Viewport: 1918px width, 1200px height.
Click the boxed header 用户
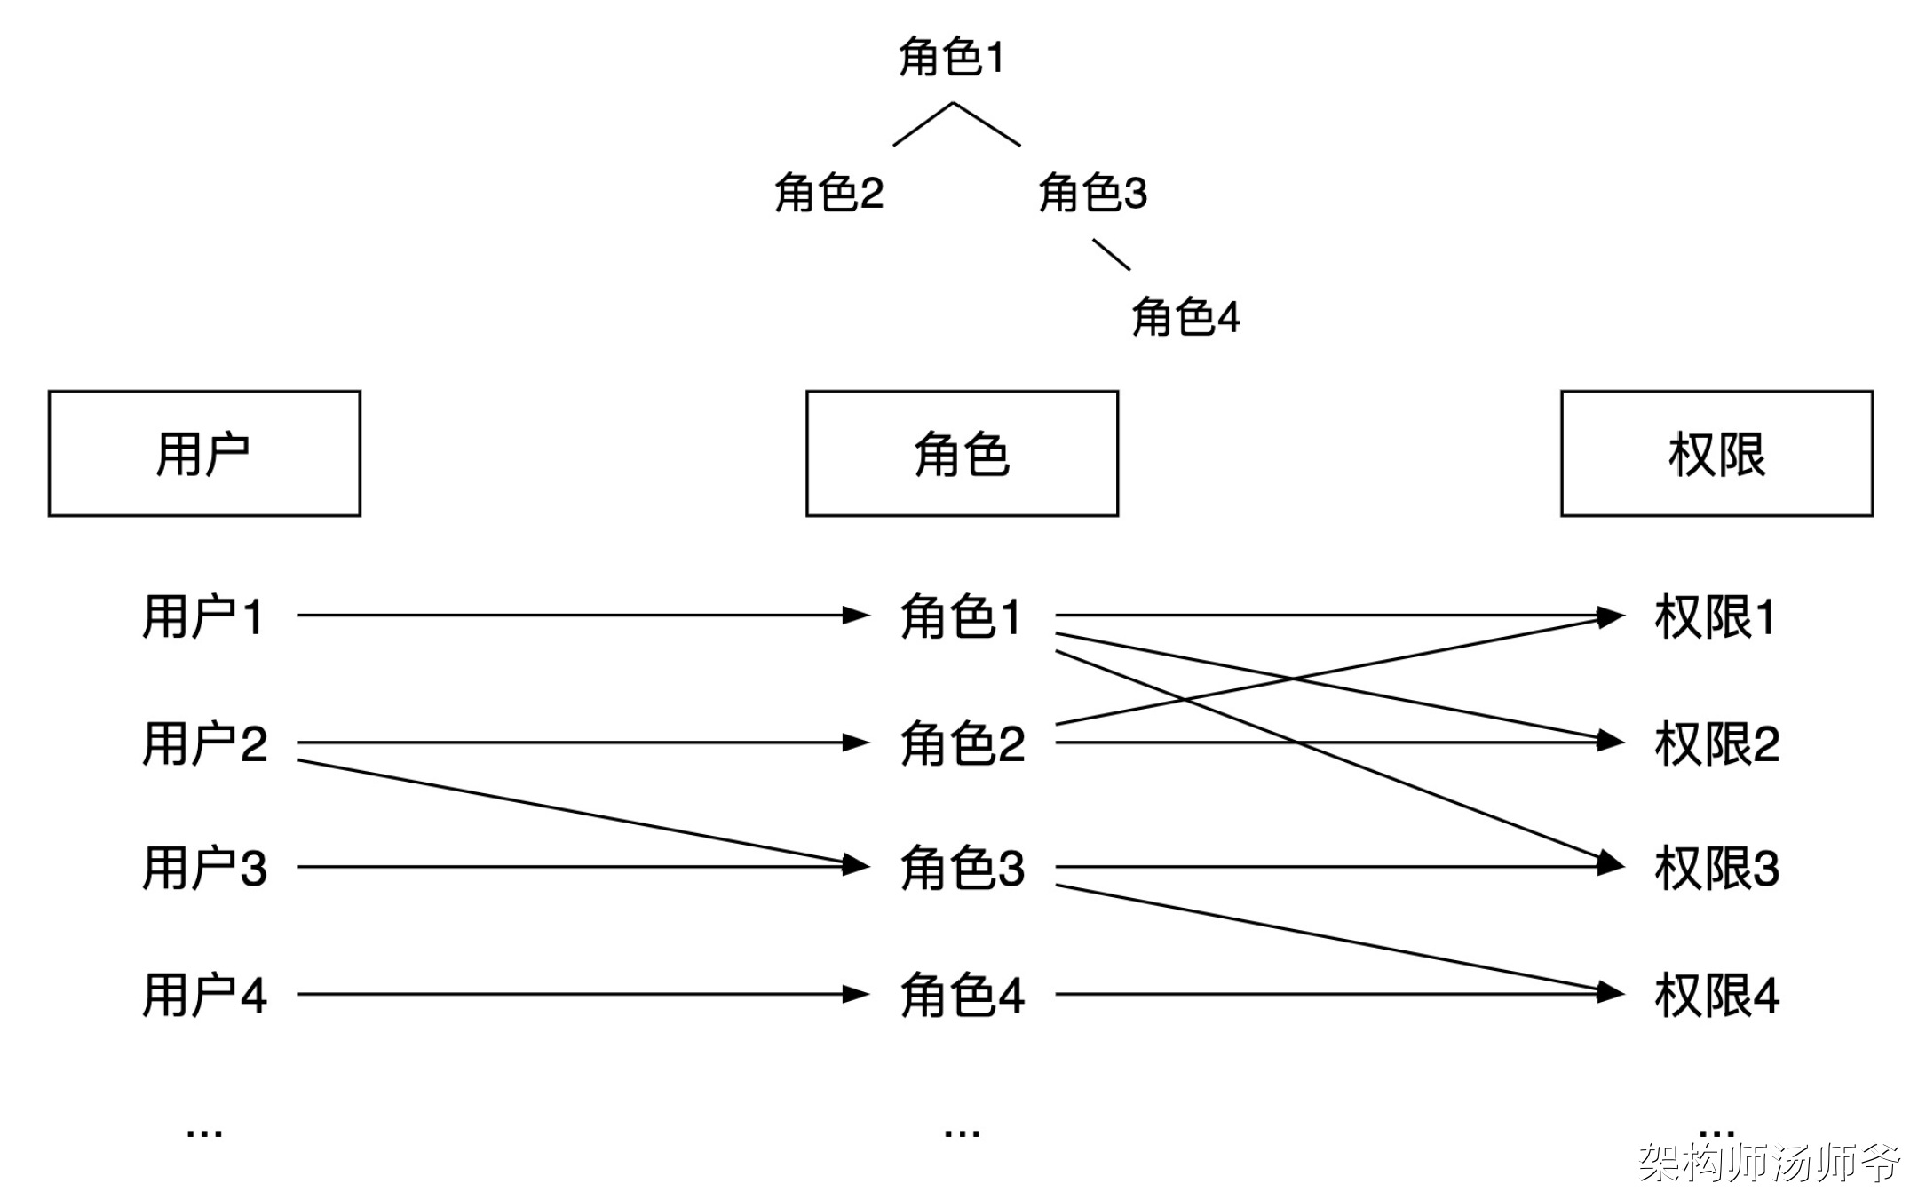(x=204, y=454)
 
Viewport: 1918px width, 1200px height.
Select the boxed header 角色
(x=962, y=454)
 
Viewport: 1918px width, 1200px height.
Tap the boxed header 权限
(x=1716, y=454)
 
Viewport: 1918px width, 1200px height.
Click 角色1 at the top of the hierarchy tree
(x=951, y=58)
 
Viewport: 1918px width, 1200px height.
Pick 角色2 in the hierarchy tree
(x=828, y=193)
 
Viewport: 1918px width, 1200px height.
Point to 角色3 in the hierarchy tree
(x=1093, y=193)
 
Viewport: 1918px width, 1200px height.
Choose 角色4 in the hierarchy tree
(x=1185, y=317)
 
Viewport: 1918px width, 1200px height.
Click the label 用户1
(x=204, y=616)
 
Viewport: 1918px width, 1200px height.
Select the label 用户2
(x=204, y=743)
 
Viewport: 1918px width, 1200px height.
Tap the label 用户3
(x=204, y=868)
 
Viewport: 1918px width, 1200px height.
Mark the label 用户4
(x=204, y=995)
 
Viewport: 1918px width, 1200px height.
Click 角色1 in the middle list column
(x=962, y=616)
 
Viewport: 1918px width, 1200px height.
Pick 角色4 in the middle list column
(x=962, y=995)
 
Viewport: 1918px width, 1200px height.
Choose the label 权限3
(x=1716, y=868)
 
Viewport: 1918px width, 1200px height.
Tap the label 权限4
(x=1716, y=995)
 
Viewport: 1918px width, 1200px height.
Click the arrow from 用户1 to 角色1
(x=577, y=615)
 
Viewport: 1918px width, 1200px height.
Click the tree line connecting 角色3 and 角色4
(x=1111, y=254)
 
